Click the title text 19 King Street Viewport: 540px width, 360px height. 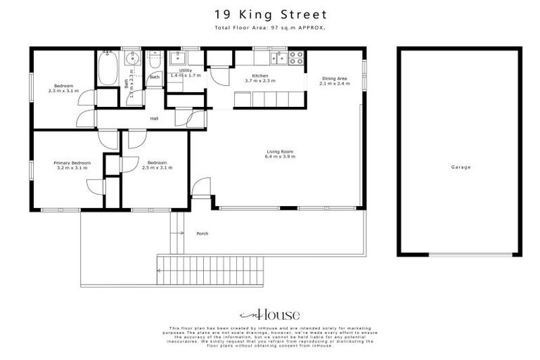[270, 14]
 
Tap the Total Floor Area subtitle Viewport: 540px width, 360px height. [270, 27]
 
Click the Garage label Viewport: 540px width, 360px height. [461, 167]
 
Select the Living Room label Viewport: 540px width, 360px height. [280, 151]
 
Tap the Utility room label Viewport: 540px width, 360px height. [186, 70]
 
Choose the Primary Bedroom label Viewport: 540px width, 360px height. [72, 162]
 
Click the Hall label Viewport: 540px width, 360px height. [154, 118]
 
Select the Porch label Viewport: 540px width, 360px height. [202, 233]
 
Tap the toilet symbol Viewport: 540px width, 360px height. [155, 63]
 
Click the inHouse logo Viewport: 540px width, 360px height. [270, 314]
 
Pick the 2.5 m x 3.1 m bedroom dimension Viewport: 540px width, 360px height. [157, 167]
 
